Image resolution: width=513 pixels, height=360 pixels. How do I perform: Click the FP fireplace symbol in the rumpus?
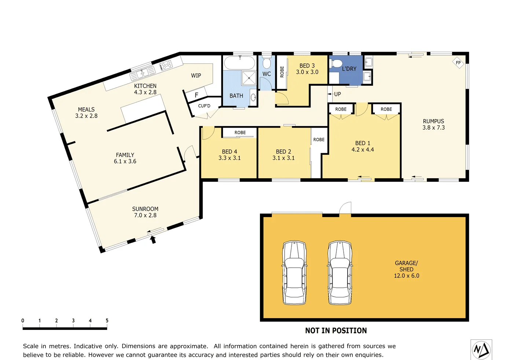[458, 63]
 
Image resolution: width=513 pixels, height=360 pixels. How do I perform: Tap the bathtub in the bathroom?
[239, 63]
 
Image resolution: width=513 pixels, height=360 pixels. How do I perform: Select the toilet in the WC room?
[267, 63]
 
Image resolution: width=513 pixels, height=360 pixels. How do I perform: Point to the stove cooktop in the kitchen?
[166, 65]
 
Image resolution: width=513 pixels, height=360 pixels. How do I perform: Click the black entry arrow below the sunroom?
[153, 239]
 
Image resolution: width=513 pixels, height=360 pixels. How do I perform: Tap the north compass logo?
[481, 349]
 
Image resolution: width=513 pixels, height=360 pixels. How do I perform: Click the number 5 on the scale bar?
[107, 320]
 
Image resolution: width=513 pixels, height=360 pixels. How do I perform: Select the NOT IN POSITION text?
[336, 331]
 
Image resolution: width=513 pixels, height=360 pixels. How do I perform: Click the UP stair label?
[337, 94]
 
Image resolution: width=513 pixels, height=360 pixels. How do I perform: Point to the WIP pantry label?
[196, 76]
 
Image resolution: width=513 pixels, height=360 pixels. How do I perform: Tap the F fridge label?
[197, 95]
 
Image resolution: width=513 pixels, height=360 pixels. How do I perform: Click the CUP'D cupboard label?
[204, 106]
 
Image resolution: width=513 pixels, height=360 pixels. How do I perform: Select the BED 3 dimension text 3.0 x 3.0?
[307, 72]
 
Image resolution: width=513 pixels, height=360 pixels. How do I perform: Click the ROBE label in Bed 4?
[240, 133]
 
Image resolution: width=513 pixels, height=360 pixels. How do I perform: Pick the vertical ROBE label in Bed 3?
[282, 72]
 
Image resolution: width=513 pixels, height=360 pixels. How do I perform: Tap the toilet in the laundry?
[337, 64]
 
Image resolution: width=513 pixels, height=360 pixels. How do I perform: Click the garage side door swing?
[345, 208]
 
